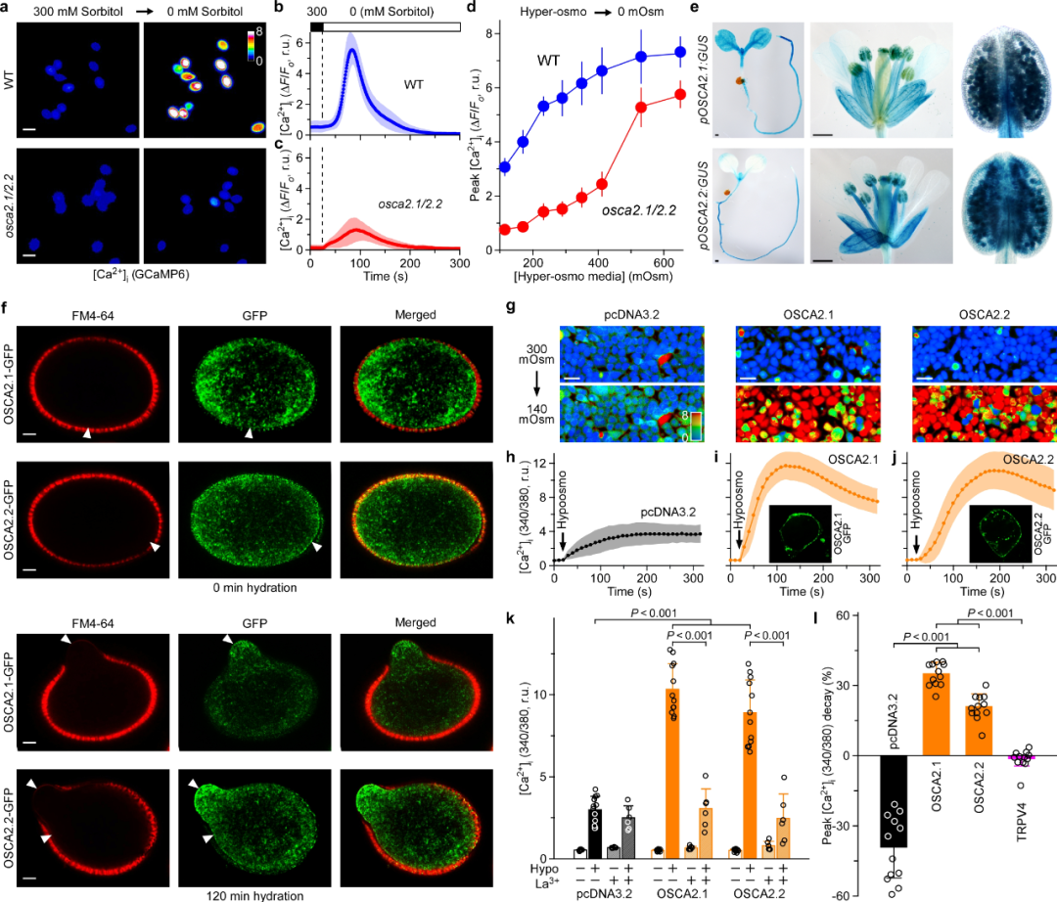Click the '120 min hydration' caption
[x=256, y=893]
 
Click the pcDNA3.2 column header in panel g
[x=609, y=314]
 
